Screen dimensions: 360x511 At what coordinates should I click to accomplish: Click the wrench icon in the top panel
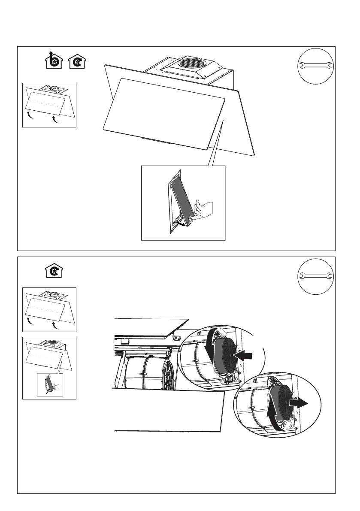coord(315,65)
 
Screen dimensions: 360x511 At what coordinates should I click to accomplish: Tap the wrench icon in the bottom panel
coord(315,275)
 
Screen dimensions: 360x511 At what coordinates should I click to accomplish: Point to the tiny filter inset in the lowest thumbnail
coord(50,384)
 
